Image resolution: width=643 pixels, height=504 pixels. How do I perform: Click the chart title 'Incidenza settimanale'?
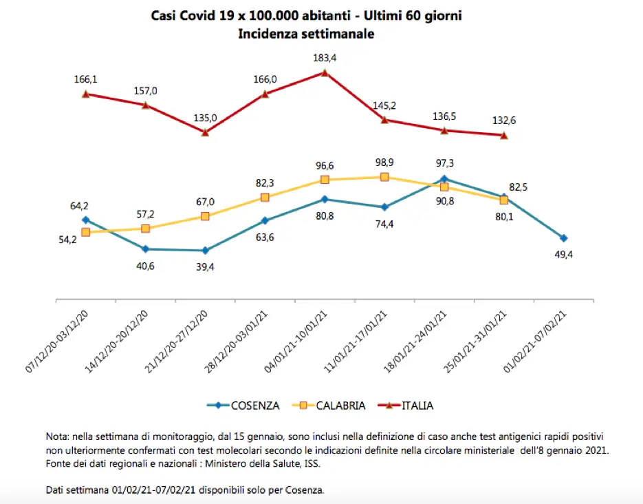[306, 34]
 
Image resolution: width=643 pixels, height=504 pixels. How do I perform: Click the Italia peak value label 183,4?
[325, 59]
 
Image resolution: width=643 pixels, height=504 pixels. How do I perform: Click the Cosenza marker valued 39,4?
[205, 251]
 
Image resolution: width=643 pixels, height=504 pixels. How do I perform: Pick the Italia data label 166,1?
[85, 79]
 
